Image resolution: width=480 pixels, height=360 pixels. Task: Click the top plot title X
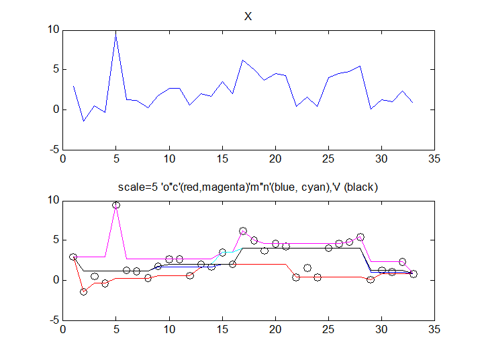pyautogui.click(x=248, y=17)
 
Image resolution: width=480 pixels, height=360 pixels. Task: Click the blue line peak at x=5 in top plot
pyautogui.click(x=116, y=31)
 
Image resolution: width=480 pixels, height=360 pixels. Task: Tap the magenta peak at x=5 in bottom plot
pyautogui.click(x=116, y=205)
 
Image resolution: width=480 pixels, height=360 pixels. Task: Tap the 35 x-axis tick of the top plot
pyautogui.click(x=434, y=159)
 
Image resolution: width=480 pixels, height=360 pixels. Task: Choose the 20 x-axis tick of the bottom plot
pyautogui.click(x=275, y=330)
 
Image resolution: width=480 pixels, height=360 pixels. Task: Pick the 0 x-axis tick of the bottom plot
pyautogui.click(x=63, y=330)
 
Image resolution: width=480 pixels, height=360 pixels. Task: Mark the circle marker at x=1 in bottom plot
pyautogui.click(x=73, y=257)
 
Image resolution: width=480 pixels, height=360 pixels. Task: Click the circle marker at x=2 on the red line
pyautogui.click(x=84, y=291)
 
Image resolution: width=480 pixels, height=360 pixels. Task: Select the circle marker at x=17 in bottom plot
pyautogui.click(x=243, y=231)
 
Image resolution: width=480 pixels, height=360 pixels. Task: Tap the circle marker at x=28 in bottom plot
pyautogui.click(x=361, y=237)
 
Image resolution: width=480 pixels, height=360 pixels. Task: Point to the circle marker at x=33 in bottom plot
pyautogui.click(x=414, y=274)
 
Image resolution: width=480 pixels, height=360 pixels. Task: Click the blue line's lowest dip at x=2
pyautogui.click(x=84, y=121)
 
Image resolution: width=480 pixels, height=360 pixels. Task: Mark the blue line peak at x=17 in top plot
pyautogui.click(x=243, y=60)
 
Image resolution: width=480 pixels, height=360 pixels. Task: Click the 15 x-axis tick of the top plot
pyautogui.click(x=222, y=159)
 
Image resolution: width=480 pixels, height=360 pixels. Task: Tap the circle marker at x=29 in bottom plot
pyautogui.click(x=371, y=279)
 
